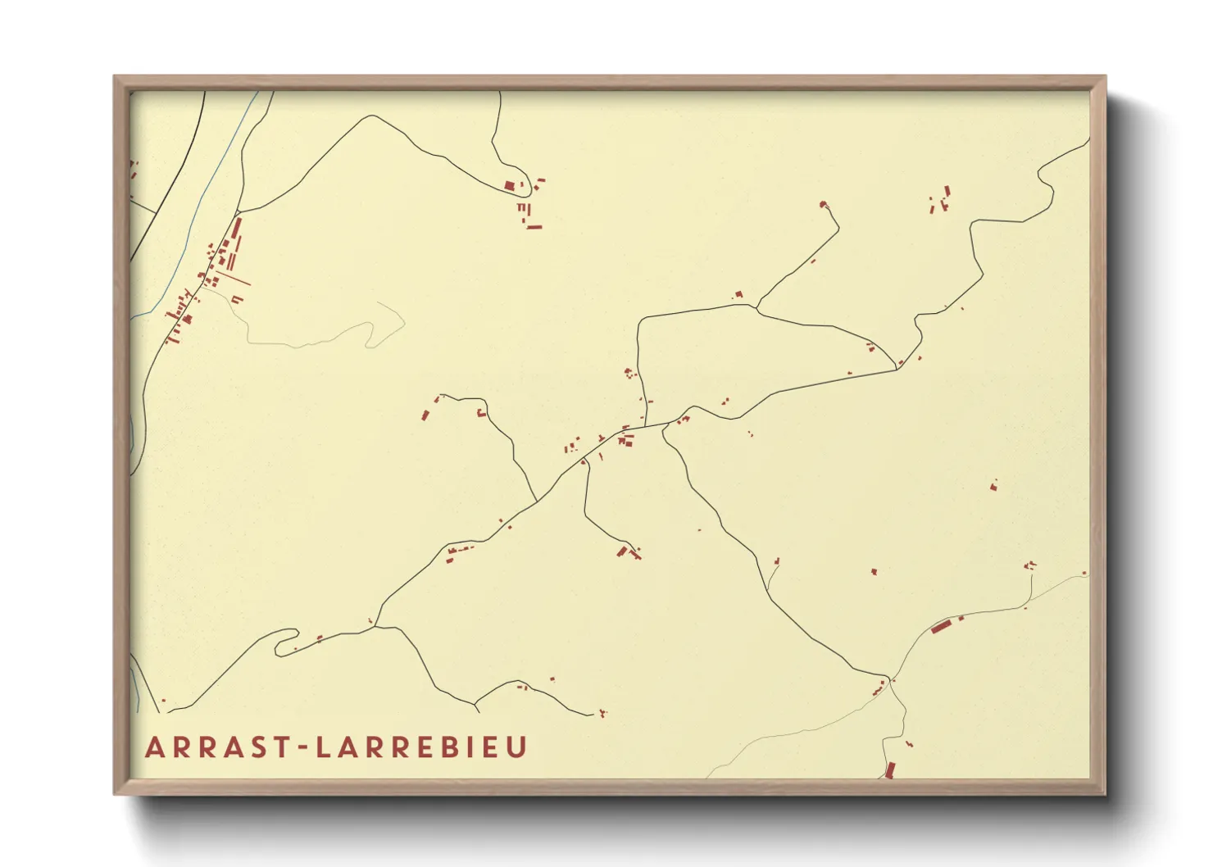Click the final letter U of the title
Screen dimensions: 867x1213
(516, 747)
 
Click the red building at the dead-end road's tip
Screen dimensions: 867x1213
(823, 203)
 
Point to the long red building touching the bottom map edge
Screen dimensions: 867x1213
(890, 769)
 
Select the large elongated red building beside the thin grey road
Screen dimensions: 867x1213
(940, 628)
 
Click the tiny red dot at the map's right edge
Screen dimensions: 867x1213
(1084, 573)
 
